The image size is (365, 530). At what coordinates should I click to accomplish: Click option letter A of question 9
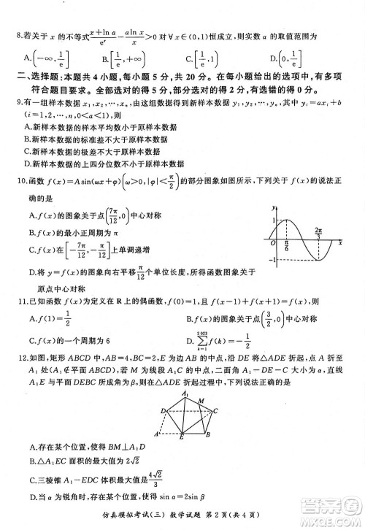pyautogui.click(x=27, y=126)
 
